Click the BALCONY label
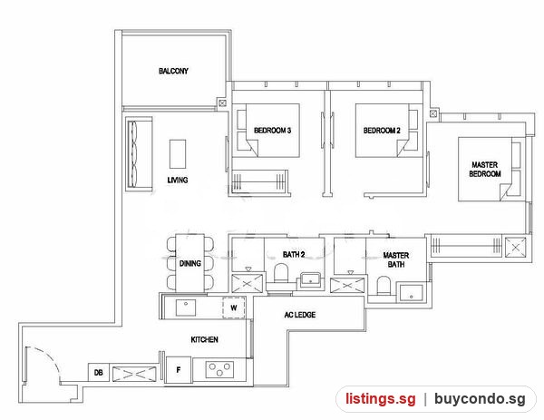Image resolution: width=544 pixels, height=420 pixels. click(x=173, y=71)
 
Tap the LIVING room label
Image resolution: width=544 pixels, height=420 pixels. click(x=178, y=180)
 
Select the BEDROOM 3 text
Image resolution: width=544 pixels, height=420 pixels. click(x=272, y=131)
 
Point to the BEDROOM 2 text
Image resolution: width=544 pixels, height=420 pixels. click(x=382, y=131)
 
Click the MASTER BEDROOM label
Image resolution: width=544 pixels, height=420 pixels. click(x=485, y=169)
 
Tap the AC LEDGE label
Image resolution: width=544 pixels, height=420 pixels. click(x=300, y=315)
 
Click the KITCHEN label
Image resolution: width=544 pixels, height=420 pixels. click(x=204, y=339)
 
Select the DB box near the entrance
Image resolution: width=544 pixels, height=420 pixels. click(x=99, y=373)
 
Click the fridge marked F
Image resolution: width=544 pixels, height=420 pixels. click(x=179, y=370)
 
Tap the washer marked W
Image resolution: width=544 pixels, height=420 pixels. click(x=234, y=308)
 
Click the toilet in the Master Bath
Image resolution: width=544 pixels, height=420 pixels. click(x=384, y=286)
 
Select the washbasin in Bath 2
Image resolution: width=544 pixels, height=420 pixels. click(x=311, y=278)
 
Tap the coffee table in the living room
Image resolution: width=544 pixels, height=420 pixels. click(x=178, y=154)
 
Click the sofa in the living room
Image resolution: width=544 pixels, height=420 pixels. click(x=139, y=154)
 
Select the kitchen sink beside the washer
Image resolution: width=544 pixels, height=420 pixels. click(x=186, y=308)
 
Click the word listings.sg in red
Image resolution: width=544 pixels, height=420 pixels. click(x=380, y=398)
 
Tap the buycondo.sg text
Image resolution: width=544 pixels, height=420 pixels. click(x=480, y=398)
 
